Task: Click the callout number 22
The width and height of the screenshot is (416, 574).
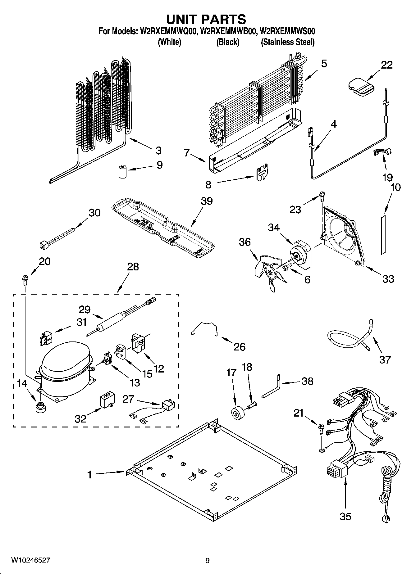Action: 387,65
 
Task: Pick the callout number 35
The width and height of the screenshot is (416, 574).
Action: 345,516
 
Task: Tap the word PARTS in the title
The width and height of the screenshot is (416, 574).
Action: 223,19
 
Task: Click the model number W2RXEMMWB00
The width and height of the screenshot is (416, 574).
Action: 228,31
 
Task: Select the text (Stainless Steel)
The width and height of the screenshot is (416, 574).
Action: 287,42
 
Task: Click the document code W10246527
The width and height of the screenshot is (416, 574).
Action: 30,560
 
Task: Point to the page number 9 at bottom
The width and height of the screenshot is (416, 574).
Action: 207,560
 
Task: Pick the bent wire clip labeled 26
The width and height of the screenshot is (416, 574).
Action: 203,328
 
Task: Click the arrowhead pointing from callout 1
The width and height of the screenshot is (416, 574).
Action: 125,472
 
